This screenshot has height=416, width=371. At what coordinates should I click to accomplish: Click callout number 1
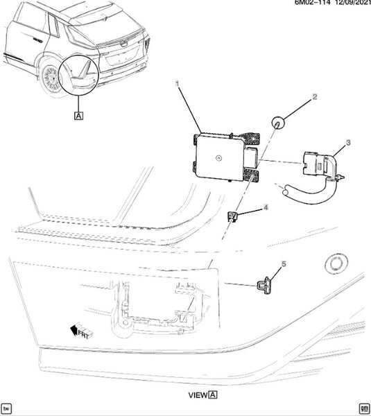point(178,84)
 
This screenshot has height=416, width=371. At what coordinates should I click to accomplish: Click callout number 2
point(314,97)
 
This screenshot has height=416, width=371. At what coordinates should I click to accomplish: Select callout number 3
point(348,142)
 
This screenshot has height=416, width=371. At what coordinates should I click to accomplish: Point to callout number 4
point(266,207)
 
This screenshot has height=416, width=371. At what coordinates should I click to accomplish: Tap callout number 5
point(284,264)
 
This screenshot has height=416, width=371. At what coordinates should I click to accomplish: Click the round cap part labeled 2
point(278,123)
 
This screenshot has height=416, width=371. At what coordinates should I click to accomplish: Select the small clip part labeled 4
point(232,216)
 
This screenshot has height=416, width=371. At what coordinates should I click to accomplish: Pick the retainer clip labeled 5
point(266,285)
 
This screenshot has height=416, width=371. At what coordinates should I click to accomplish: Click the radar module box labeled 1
point(225,157)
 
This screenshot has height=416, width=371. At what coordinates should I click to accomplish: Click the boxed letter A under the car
point(79,116)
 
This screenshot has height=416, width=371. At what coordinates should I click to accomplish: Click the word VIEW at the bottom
point(198,395)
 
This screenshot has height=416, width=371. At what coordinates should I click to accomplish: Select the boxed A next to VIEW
point(213,395)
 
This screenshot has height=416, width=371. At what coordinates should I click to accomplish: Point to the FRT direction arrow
point(81,332)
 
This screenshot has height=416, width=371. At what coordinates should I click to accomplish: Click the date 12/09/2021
point(353,2)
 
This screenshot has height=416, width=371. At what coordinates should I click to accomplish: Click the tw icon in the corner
point(6,408)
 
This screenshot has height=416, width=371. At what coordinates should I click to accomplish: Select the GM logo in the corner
point(363,408)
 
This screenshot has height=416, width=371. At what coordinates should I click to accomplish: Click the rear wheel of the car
point(52,78)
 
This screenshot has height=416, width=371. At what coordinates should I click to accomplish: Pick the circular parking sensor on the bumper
point(336,264)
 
